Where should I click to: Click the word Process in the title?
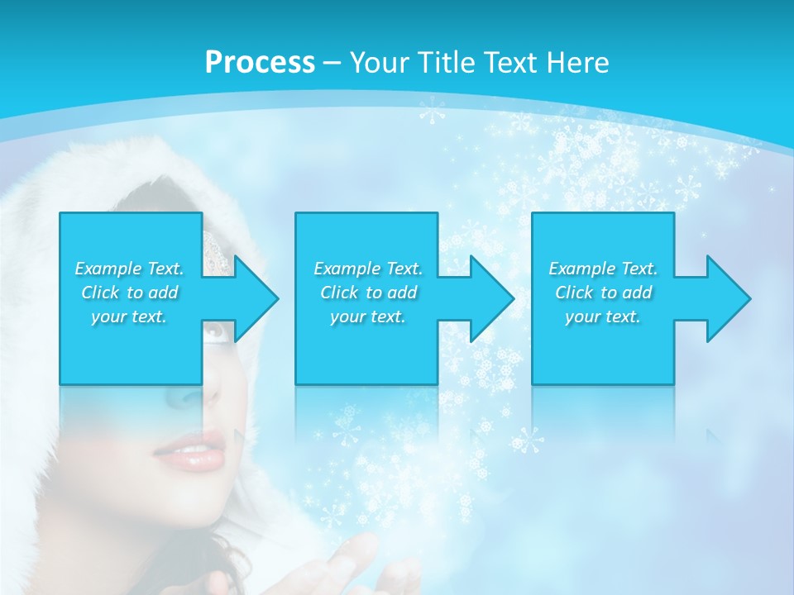pyautogui.click(x=260, y=63)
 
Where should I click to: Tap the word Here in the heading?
pyautogui.click(x=580, y=63)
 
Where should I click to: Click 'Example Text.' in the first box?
pyautogui.click(x=129, y=269)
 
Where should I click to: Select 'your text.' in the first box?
pyautogui.click(x=129, y=317)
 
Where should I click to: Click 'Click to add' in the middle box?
pyautogui.click(x=368, y=293)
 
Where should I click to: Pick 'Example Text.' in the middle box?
pyautogui.click(x=368, y=269)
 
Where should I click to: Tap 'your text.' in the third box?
pyautogui.click(x=603, y=317)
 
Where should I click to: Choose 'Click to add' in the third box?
pyautogui.click(x=603, y=293)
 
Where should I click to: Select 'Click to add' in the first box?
pyautogui.click(x=129, y=293)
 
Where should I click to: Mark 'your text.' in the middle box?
pyautogui.click(x=368, y=317)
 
